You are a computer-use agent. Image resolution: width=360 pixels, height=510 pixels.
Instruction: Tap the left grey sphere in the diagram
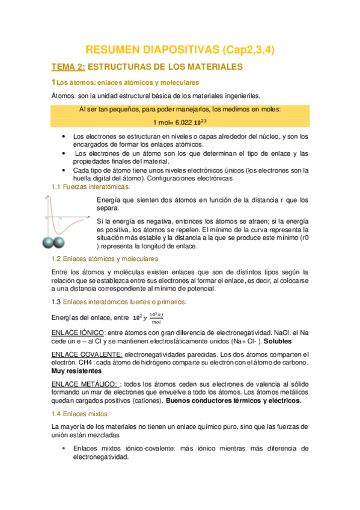coord(49,242)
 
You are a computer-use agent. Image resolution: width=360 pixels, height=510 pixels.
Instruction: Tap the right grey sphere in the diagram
coord(61,242)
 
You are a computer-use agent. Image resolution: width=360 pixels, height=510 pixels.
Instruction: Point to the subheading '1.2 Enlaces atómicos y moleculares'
coord(105,258)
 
